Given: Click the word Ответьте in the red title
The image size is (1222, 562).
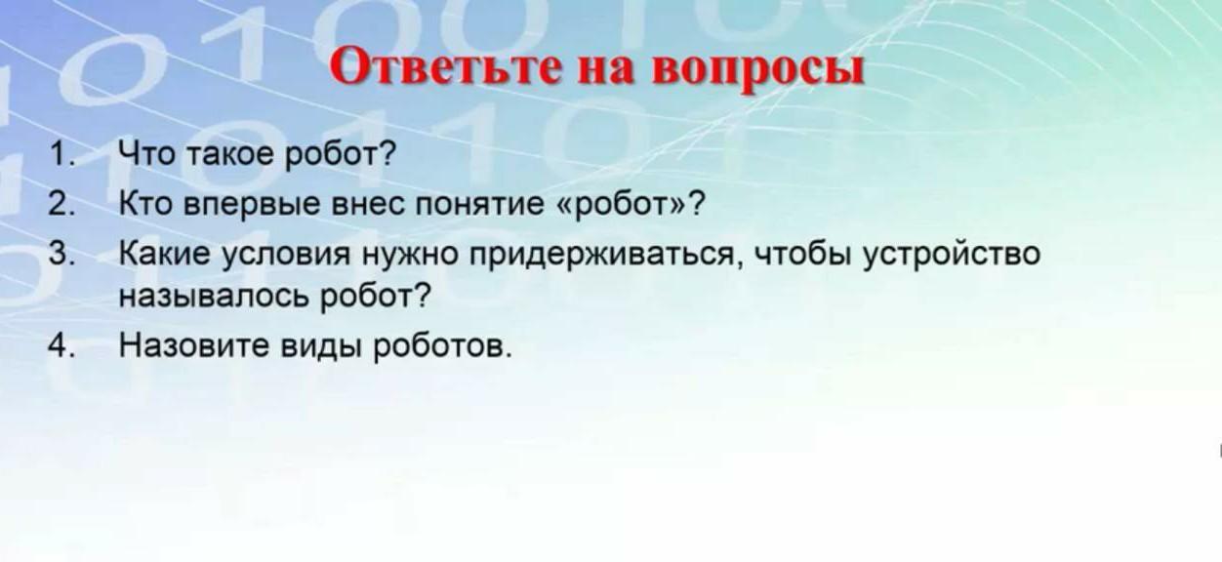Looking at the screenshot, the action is [x=446, y=67].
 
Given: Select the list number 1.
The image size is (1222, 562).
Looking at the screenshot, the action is [x=61, y=154].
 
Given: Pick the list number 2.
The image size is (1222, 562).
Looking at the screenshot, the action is [x=61, y=204].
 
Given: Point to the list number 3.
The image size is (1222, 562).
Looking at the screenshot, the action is [x=61, y=254].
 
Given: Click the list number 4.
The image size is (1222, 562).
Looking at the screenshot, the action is [x=61, y=345].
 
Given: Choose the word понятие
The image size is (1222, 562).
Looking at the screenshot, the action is [x=480, y=205].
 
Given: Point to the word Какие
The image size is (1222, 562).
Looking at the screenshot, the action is [x=164, y=254].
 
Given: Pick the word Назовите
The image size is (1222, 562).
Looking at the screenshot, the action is [x=194, y=345].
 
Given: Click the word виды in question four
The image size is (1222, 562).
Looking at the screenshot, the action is [x=321, y=347].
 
